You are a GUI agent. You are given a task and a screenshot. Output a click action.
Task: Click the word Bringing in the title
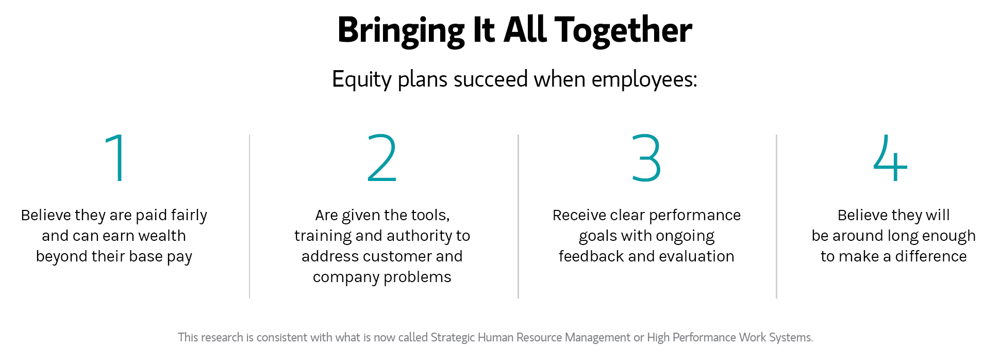click(401, 31)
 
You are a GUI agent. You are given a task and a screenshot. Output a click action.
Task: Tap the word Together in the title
click(623, 31)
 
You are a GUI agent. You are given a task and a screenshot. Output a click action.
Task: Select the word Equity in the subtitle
click(362, 80)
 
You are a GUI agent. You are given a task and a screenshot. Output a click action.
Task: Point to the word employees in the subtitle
click(644, 80)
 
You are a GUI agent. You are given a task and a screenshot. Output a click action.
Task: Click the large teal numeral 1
click(117, 157)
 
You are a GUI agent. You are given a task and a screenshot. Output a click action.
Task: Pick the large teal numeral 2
click(382, 157)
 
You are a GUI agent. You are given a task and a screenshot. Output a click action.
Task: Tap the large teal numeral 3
click(646, 157)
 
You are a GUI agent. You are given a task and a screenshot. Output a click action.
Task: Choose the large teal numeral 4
click(890, 157)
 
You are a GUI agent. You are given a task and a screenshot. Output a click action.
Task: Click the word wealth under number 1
click(162, 236)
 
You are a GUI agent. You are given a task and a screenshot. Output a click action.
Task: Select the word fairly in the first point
click(189, 216)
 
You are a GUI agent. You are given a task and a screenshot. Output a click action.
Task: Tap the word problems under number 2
click(418, 277)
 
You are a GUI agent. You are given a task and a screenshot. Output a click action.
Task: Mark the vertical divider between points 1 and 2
click(249, 217)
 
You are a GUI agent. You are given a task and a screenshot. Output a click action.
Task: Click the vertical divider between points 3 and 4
click(776, 217)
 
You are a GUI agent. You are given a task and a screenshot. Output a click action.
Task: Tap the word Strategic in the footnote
click(453, 338)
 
